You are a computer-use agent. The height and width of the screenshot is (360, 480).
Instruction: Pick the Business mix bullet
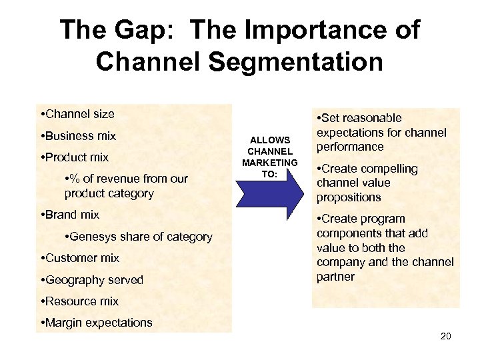pyautogui.click(x=78, y=136)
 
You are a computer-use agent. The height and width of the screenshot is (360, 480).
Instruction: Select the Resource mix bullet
pyautogui.click(x=79, y=301)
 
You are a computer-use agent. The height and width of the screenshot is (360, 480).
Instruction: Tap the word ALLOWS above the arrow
pyautogui.click(x=269, y=140)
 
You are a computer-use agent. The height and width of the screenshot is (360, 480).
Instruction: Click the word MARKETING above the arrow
pyautogui.click(x=269, y=163)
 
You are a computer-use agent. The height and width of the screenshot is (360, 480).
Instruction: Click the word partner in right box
pyautogui.click(x=336, y=277)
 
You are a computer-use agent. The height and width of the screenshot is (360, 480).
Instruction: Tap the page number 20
pyautogui.click(x=445, y=336)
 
